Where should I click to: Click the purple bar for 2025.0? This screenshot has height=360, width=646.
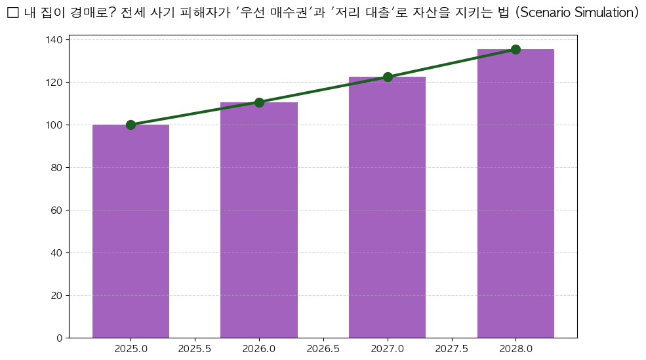click(x=131, y=231)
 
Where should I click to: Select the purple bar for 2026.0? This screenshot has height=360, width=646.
click(x=259, y=220)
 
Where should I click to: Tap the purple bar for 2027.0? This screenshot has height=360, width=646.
click(x=387, y=207)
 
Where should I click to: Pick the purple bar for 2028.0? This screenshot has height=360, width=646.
click(x=515, y=193)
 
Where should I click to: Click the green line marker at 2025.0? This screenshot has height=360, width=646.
click(x=131, y=125)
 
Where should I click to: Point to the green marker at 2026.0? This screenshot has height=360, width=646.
click(x=259, y=102)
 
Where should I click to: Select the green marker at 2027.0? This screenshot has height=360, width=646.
click(x=388, y=77)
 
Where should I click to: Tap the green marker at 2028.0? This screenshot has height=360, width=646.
click(x=515, y=49)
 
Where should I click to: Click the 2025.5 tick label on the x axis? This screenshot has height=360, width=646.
click(x=195, y=348)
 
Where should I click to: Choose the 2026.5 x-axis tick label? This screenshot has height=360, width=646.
click(x=323, y=348)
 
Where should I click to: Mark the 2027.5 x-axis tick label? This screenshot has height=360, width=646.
click(x=451, y=348)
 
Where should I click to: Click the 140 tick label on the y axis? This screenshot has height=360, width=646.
click(x=55, y=40)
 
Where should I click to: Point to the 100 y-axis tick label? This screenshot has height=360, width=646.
click(x=55, y=125)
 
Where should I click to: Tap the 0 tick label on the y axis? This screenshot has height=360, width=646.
click(x=60, y=338)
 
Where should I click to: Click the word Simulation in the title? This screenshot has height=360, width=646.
click(x=601, y=13)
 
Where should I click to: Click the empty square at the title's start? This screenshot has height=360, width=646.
click(x=12, y=13)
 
